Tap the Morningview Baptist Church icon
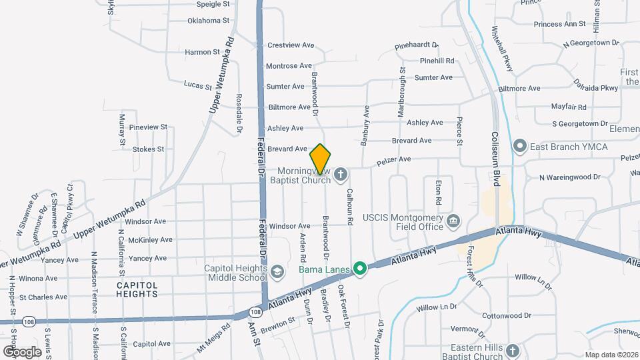click(x=341, y=175)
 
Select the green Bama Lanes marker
click(x=360, y=269)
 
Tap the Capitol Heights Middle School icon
click(x=277, y=269)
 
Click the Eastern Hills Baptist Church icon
click(x=512, y=351)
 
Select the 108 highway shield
click(x=256, y=311)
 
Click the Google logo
click(x=23, y=351)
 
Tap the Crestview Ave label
click(x=290, y=45)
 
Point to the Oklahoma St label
click(x=208, y=21)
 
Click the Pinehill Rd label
click(x=437, y=61)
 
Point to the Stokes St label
click(x=148, y=149)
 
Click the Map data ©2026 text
click(x=611, y=355)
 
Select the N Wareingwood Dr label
click(x=570, y=177)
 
